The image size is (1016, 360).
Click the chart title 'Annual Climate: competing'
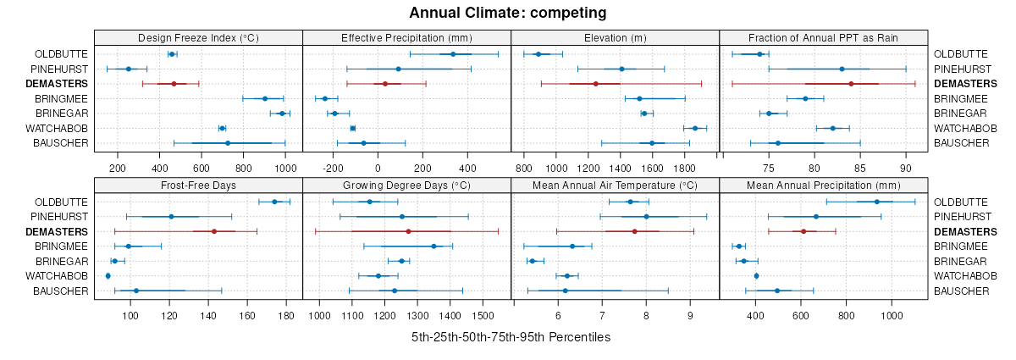click(507, 13)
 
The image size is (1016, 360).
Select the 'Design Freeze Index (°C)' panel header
click(198, 37)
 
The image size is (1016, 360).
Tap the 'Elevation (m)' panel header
click(616, 37)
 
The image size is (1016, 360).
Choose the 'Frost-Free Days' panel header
click(198, 186)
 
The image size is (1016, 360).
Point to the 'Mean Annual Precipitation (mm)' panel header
click(824, 186)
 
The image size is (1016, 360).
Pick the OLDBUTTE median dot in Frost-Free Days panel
click(274, 202)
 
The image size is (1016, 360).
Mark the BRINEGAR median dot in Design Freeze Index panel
click(282, 114)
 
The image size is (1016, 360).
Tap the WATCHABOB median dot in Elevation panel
click(695, 128)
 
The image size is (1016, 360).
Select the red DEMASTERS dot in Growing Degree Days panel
click(408, 231)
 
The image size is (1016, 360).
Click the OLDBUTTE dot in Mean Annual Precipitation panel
click(877, 202)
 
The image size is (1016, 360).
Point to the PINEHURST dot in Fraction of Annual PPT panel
click(842, 69)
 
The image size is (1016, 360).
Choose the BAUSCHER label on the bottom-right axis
click(961, 291)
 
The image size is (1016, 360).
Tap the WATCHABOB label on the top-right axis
click(961, 128)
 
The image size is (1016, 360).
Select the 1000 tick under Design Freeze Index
click(285, 166)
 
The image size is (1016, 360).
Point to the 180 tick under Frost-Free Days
click(285, 315)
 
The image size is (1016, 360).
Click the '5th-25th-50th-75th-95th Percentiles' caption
click(511, 337)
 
